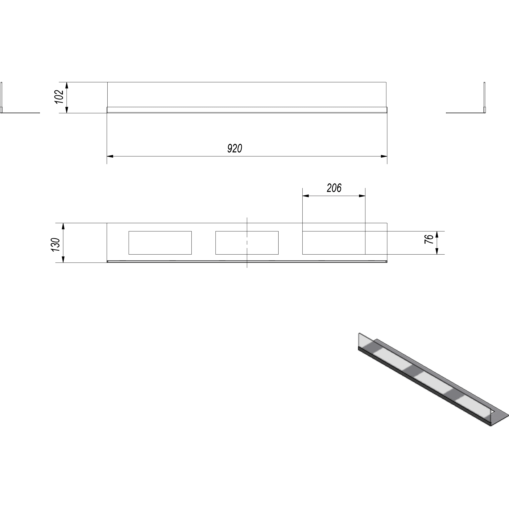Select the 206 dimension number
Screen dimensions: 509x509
[334, 188]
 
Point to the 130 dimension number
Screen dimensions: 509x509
[56, 245]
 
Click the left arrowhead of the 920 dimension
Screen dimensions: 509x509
[110, 156]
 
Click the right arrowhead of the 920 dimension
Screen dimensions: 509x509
[384, 156]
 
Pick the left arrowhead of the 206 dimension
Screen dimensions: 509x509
[306, 196]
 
